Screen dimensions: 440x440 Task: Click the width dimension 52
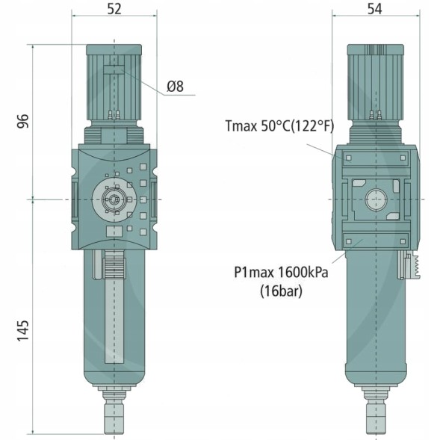114,9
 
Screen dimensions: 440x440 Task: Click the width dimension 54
375,9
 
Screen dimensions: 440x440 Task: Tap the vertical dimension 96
23,121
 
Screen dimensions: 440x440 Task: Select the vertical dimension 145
23,330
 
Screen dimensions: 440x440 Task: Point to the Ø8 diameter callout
176,86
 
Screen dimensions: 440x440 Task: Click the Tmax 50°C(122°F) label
280,126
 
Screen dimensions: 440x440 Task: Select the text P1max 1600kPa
281,272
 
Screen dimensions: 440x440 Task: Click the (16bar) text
281,291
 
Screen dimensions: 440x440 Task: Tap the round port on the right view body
376,199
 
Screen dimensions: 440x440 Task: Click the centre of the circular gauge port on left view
114,199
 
